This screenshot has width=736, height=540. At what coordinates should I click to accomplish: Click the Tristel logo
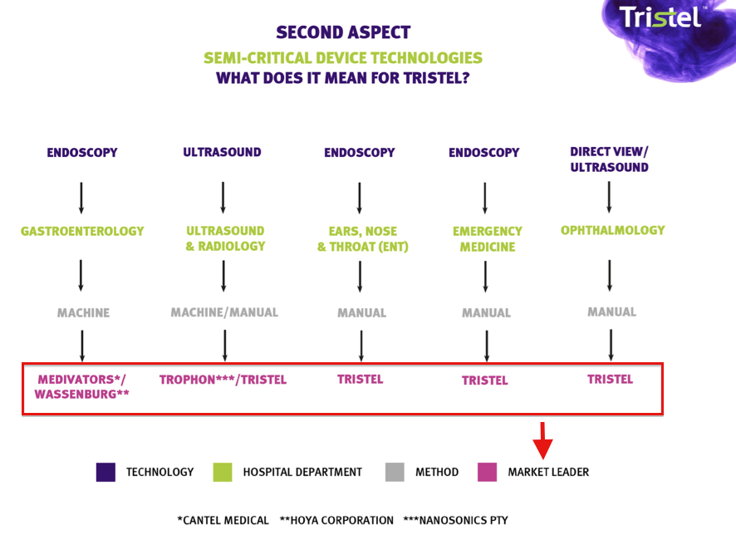(x=660, y=17)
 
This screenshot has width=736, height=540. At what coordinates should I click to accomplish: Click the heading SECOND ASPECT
(x=343, y=32)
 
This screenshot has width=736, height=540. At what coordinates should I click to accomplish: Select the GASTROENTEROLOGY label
(x=82, y=231)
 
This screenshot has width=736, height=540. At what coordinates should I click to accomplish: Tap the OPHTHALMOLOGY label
(x=612, y=230)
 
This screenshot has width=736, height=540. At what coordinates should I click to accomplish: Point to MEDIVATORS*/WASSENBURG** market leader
(x=81, y=386)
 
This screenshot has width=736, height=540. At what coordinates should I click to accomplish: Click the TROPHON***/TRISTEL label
(x=223, y=380)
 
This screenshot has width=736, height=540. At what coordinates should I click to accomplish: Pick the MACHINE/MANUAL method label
(x=224, y=312)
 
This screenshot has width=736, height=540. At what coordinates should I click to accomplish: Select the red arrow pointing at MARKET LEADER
(x=542, y=440)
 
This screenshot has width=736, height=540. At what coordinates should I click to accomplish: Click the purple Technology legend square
(x=105, y=472)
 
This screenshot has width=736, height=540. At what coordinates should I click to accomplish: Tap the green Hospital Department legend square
(x=223, y=472)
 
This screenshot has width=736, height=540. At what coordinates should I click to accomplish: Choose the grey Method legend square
(x=395, y=472)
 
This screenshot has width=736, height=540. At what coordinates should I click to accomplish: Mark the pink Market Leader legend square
(x=488, y=472)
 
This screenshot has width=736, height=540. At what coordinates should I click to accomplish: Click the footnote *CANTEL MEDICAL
(x=223, y=520)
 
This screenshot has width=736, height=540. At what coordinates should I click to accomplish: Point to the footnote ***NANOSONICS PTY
(x=456, y=520)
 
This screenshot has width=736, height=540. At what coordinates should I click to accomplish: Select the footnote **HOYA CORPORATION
(x=336, y=520)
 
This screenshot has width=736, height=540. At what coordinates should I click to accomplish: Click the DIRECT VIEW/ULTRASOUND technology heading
(x=609, y=160)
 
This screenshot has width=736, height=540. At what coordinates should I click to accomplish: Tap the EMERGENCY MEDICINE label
(x=488, y=239)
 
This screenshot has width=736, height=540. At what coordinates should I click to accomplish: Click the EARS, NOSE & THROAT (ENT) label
(x=363, y=239)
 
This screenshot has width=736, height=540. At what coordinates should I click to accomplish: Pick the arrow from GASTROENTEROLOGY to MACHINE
(x=81, y=276)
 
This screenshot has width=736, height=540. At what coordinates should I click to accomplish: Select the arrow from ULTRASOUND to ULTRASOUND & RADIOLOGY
(x=223, y=198)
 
